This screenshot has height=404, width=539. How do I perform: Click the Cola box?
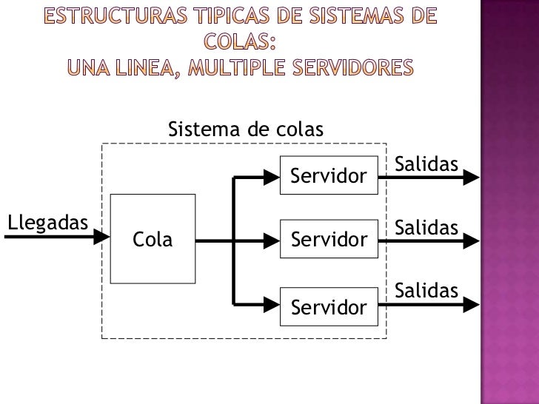coord(153,239)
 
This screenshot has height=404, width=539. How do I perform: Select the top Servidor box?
coord(329,176)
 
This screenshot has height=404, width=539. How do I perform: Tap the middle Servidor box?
coord(329,239)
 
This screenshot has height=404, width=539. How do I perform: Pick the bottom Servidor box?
coord(329,306)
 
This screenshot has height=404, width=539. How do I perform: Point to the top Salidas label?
coord(426,163)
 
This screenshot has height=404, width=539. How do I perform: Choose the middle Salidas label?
coord(426,227)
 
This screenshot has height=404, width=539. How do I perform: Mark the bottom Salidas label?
coord(426,291)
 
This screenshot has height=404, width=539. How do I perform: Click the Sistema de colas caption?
coord(246,130)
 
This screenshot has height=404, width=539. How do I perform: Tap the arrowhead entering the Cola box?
coord(104,239)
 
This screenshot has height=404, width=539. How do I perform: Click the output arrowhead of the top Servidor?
coord(474,178)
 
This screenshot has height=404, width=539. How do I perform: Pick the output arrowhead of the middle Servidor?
coord(474,240)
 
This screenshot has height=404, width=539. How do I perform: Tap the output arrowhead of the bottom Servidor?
coord(474,304)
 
